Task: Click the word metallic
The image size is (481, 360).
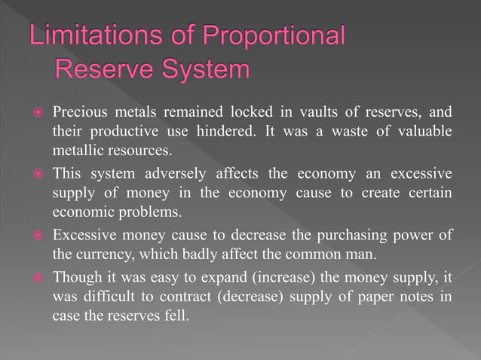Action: tap(76, 149)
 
